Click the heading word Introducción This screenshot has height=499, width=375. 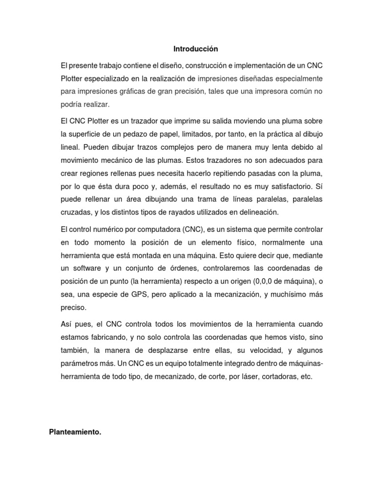(195, 49)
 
